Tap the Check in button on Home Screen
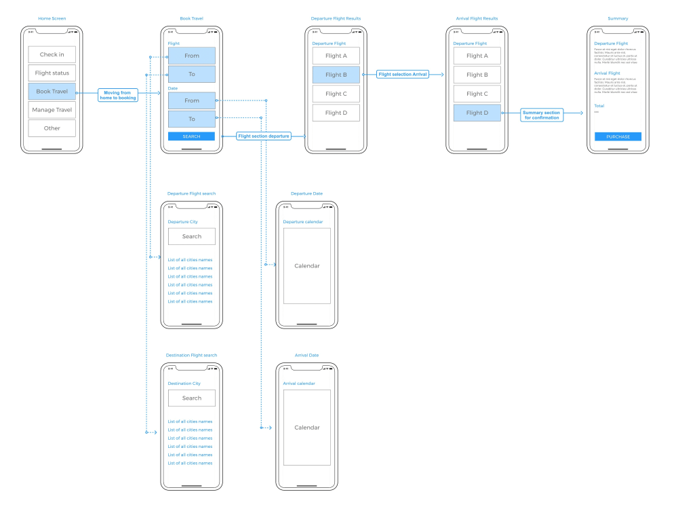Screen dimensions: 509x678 coord(52,55)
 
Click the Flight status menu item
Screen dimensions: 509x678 coord(52,73)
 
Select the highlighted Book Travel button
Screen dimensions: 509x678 coord(52,92)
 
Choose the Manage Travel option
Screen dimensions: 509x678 coord(52,110)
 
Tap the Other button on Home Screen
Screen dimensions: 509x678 coord(52,128)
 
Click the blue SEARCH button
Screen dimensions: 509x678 coord(191,136)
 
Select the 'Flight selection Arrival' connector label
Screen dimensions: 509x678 coord(403,75)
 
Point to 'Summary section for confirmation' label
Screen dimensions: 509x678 coord(541,115)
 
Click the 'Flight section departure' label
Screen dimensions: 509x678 coord(264,136)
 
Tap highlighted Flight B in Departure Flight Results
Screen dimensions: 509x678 coord(336,75)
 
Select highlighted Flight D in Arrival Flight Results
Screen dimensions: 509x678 coord(477,113)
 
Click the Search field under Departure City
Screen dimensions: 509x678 coord(191,236)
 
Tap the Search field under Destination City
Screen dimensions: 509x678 coord(191,398)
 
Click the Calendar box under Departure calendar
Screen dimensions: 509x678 coord(306,266)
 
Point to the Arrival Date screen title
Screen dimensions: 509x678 coord(306,355)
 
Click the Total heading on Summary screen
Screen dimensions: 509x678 coord(600,106)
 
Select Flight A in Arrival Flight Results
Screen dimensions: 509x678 coord(477,56)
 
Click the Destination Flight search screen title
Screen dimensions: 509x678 coord(191,355)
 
